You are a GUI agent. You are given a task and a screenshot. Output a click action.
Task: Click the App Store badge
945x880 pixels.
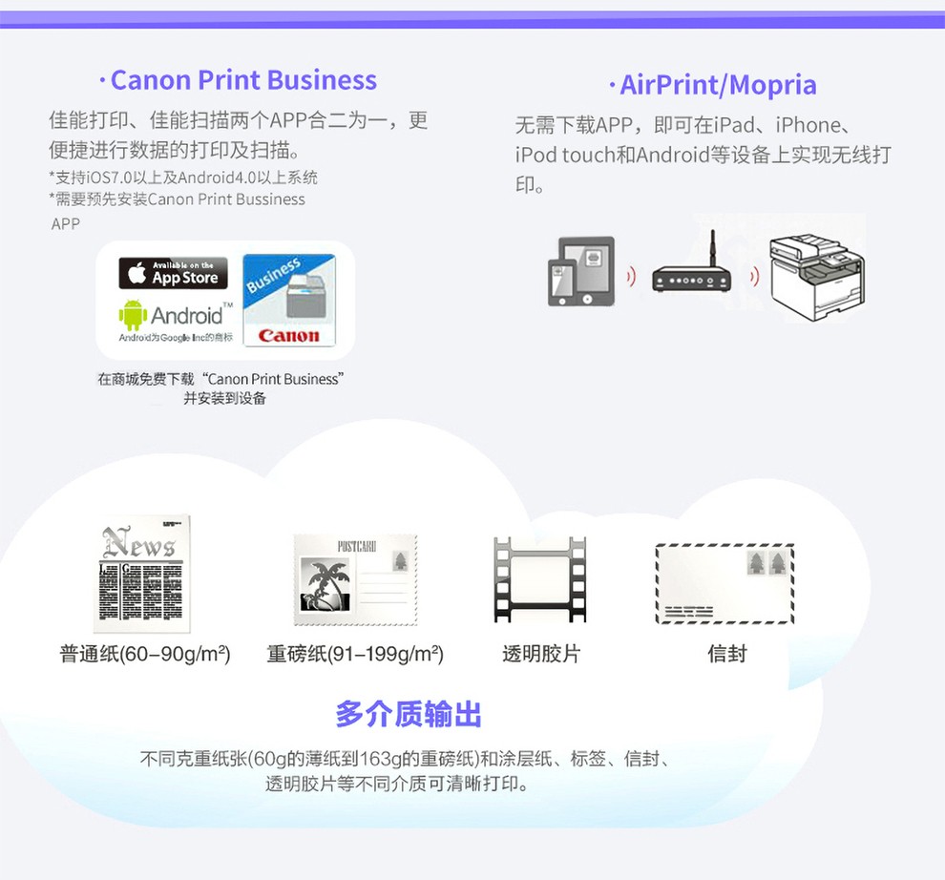[173, 273]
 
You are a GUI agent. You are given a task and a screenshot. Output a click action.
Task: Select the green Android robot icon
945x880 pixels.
[133, 315]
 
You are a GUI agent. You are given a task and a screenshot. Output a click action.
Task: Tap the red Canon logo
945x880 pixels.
[288, 335]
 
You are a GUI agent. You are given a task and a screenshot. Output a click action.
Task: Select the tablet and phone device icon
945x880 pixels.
[580, 271]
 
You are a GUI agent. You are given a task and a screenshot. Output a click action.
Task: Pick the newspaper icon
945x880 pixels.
[141, 574]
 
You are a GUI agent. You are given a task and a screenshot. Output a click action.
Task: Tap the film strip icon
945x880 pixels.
[539, 579]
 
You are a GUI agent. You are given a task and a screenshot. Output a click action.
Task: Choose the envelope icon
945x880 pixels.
[724, 583]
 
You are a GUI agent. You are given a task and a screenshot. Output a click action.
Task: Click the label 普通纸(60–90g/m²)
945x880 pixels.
[145, 654]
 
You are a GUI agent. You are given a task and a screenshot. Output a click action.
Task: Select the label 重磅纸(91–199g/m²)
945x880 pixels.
[355, 654]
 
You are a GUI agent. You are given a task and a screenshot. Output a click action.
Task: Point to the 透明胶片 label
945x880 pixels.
[541, 654]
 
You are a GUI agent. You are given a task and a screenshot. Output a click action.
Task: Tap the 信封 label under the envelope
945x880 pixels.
[726, 654]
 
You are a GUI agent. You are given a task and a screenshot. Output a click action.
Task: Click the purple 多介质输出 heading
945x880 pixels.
[409, 714]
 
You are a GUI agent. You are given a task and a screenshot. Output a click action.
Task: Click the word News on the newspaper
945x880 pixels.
[139, 543]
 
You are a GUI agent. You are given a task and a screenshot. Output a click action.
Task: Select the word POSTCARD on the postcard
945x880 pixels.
[357, 547]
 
